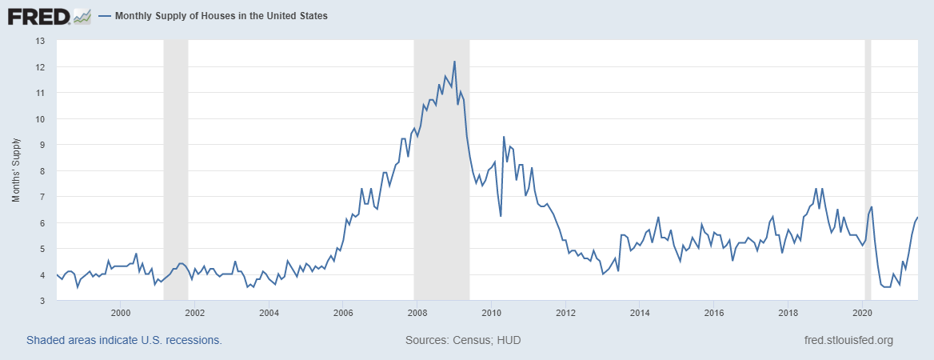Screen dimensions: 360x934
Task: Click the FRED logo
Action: (x=38, y=15)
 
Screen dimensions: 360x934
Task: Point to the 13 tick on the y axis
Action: (x=41, y=41)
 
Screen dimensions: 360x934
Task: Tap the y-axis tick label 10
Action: (x=41, y=119)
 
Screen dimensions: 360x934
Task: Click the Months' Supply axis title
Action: (x=16, y=170)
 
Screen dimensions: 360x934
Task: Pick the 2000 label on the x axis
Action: (x=120, y=312)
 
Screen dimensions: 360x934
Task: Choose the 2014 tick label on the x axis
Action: (x=640, y=312)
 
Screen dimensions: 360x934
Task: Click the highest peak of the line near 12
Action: (x=454, y=62)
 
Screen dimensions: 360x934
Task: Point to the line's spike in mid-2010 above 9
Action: (x=504, y=137)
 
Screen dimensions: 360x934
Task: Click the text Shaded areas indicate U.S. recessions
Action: (x=124, y=341)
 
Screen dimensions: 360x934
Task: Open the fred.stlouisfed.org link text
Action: (x=848, y=341)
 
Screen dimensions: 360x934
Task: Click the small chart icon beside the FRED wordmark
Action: (x=82, y=16)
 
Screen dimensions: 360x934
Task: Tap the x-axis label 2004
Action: (x=269, y=312)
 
